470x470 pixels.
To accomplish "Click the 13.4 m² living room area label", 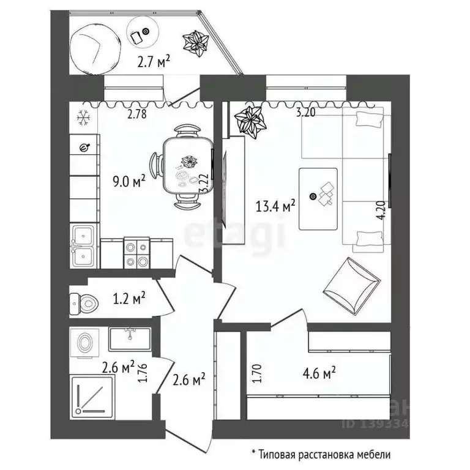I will pos(275,206).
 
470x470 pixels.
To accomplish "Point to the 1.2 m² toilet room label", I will pos(129,299).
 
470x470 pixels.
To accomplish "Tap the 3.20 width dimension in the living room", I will pos(308,113).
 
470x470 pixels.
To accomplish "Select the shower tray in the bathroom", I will pos(92,398).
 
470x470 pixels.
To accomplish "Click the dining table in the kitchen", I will pos(187,166).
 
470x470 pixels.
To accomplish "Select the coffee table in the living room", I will pos(318,198).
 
